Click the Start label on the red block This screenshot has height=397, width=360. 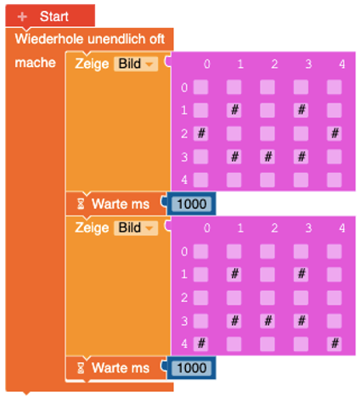click(x=54, y=16)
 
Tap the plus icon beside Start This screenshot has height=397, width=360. click(x=22, y=17)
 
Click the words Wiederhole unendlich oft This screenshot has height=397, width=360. click(x=90, y=39)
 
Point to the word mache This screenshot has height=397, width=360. click(x=35, y=63)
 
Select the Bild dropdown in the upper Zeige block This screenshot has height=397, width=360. click(x=136, y=64)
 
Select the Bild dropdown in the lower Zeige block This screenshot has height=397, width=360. click(x=136, y=228)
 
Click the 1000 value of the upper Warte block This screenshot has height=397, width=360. click(x=192, y=204)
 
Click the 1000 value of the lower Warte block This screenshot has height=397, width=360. click(x=192, y=368)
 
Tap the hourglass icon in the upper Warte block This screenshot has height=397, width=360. click(x=81, y=204)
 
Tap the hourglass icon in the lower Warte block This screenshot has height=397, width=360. click(x=81, y=368)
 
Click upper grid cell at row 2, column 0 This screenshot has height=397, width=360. click(x=201, y=133)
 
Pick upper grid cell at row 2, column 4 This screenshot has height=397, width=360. click(x=335, y=133)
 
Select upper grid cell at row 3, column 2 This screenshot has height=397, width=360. click(x=267, y=156)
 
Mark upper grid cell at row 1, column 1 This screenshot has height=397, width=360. click(x=234, y=109)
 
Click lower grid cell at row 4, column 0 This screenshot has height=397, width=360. click(x=201, y=344)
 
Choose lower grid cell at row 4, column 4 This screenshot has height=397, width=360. click(x=335, y=344)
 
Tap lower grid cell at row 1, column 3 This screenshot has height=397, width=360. click(x=301, y=274)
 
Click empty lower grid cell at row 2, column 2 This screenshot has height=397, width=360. click(x=267, y=298)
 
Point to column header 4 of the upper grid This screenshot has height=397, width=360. click(x=342, y=64)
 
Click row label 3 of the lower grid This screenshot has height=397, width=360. click(x=184, y=322)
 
